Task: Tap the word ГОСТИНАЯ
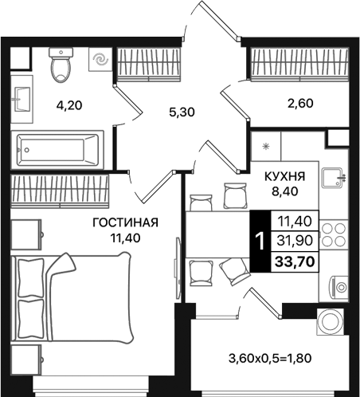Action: click(x=123, y=222)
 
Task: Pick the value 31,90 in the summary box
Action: click(x=295, y=239)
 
